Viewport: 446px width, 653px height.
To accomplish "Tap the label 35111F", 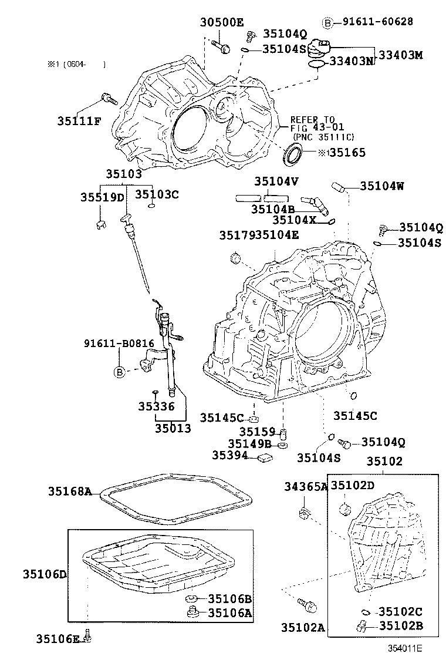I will [79, 121].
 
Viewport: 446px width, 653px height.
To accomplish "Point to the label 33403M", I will [400, 55].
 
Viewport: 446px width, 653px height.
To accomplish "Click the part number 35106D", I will [44, 574].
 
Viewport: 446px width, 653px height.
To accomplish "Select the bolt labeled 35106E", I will [87, 635].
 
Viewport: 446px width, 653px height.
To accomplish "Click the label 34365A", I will [306, 486].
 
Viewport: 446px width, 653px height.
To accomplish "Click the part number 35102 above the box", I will [384, 461].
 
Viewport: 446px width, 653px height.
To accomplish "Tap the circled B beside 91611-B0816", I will [119, 372].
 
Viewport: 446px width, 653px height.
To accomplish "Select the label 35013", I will [173, 428].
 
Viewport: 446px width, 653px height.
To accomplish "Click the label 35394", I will [231, 455].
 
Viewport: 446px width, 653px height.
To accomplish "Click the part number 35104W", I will [381, 186].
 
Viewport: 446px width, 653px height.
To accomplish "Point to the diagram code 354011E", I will [404, 648].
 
